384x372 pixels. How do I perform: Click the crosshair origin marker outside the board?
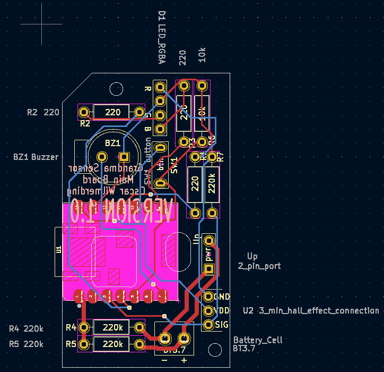pos(41,24)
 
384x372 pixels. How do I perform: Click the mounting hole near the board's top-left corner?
pos(115,88)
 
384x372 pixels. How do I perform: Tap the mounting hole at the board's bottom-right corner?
pos(215,349)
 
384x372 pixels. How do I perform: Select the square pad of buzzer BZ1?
pos(124,157)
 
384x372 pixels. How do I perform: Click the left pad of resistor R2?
pos(84,112)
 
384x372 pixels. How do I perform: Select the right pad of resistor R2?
pos(140,112)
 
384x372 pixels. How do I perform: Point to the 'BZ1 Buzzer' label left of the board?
pos(36,157)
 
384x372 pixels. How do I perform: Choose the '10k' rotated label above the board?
pos(202,55)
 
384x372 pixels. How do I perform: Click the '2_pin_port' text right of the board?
pos(259,266)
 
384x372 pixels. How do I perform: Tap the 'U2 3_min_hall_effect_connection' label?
pos(311,310)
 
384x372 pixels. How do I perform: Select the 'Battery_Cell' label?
pos(258,340)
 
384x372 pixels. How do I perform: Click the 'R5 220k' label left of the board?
pos(26,344)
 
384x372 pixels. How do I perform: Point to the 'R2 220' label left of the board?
pos(43,112)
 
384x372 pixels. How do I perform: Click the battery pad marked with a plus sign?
pos(184,337)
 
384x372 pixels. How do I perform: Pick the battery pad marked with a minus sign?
pos(164,337)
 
